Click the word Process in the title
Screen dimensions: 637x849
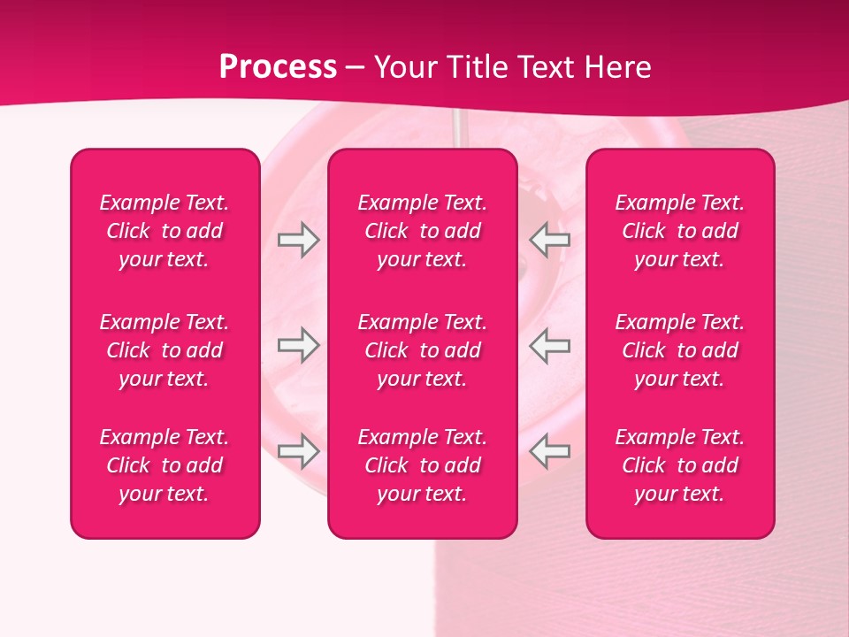278,67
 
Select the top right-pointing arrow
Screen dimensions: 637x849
298,240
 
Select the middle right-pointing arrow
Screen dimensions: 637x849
298,345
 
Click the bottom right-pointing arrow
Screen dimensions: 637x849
298,450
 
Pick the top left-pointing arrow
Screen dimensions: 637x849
550,240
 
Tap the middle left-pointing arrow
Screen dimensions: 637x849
550,345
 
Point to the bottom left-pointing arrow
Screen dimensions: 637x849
550,450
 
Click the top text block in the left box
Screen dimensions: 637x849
164,231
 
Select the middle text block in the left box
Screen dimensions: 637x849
164,350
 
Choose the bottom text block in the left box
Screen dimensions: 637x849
164,465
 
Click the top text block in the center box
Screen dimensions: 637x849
423,231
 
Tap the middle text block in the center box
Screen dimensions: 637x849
423,350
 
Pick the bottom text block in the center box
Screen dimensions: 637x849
423,465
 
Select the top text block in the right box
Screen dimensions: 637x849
680,231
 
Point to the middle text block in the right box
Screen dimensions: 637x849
680,350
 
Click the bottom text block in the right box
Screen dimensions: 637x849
680,465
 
